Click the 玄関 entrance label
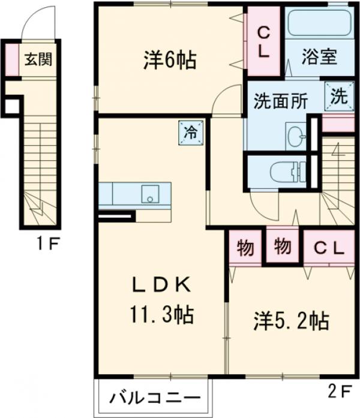38,59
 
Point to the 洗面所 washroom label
280,100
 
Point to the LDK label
161,286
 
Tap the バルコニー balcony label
154,398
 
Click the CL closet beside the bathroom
263,42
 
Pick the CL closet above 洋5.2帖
326,247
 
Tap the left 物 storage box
244,246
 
